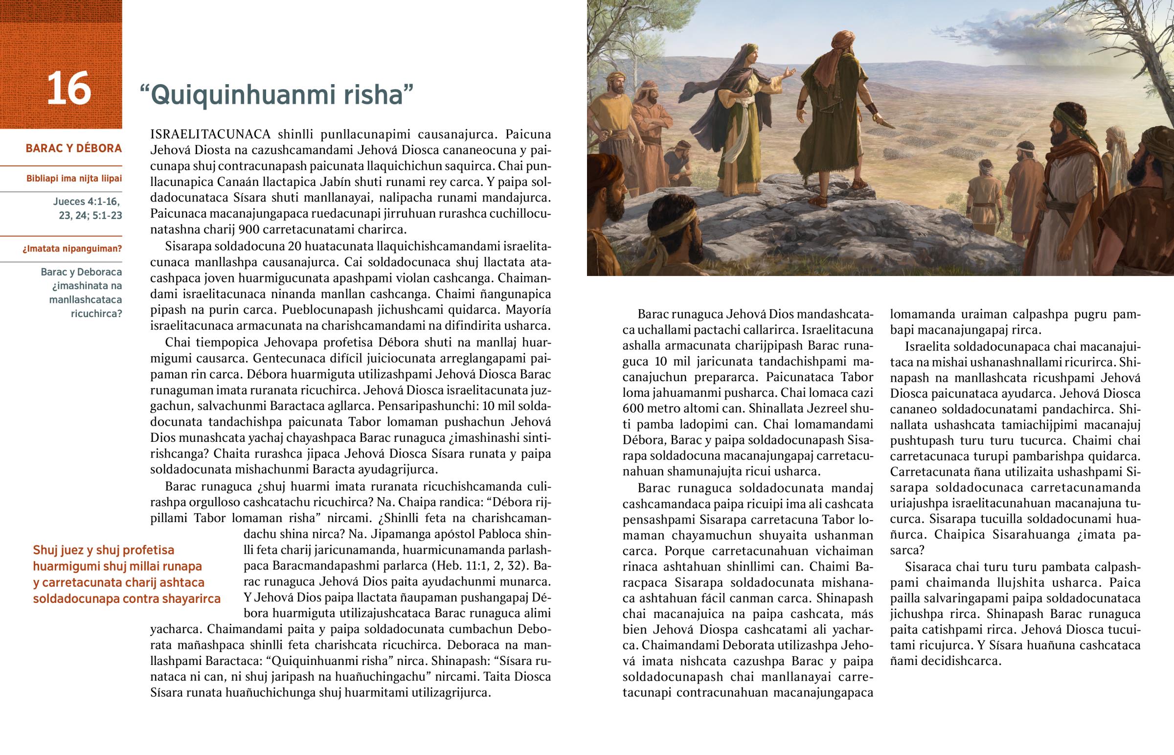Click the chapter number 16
(68, 88)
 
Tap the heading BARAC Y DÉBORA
(73, 148)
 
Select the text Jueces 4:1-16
(86, 202)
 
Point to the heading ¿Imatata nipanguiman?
(72, 249)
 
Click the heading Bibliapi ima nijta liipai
(74, 179)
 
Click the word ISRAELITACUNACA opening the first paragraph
(210, 135)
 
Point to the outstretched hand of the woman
(789, 73)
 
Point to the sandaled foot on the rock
(821, 202)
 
